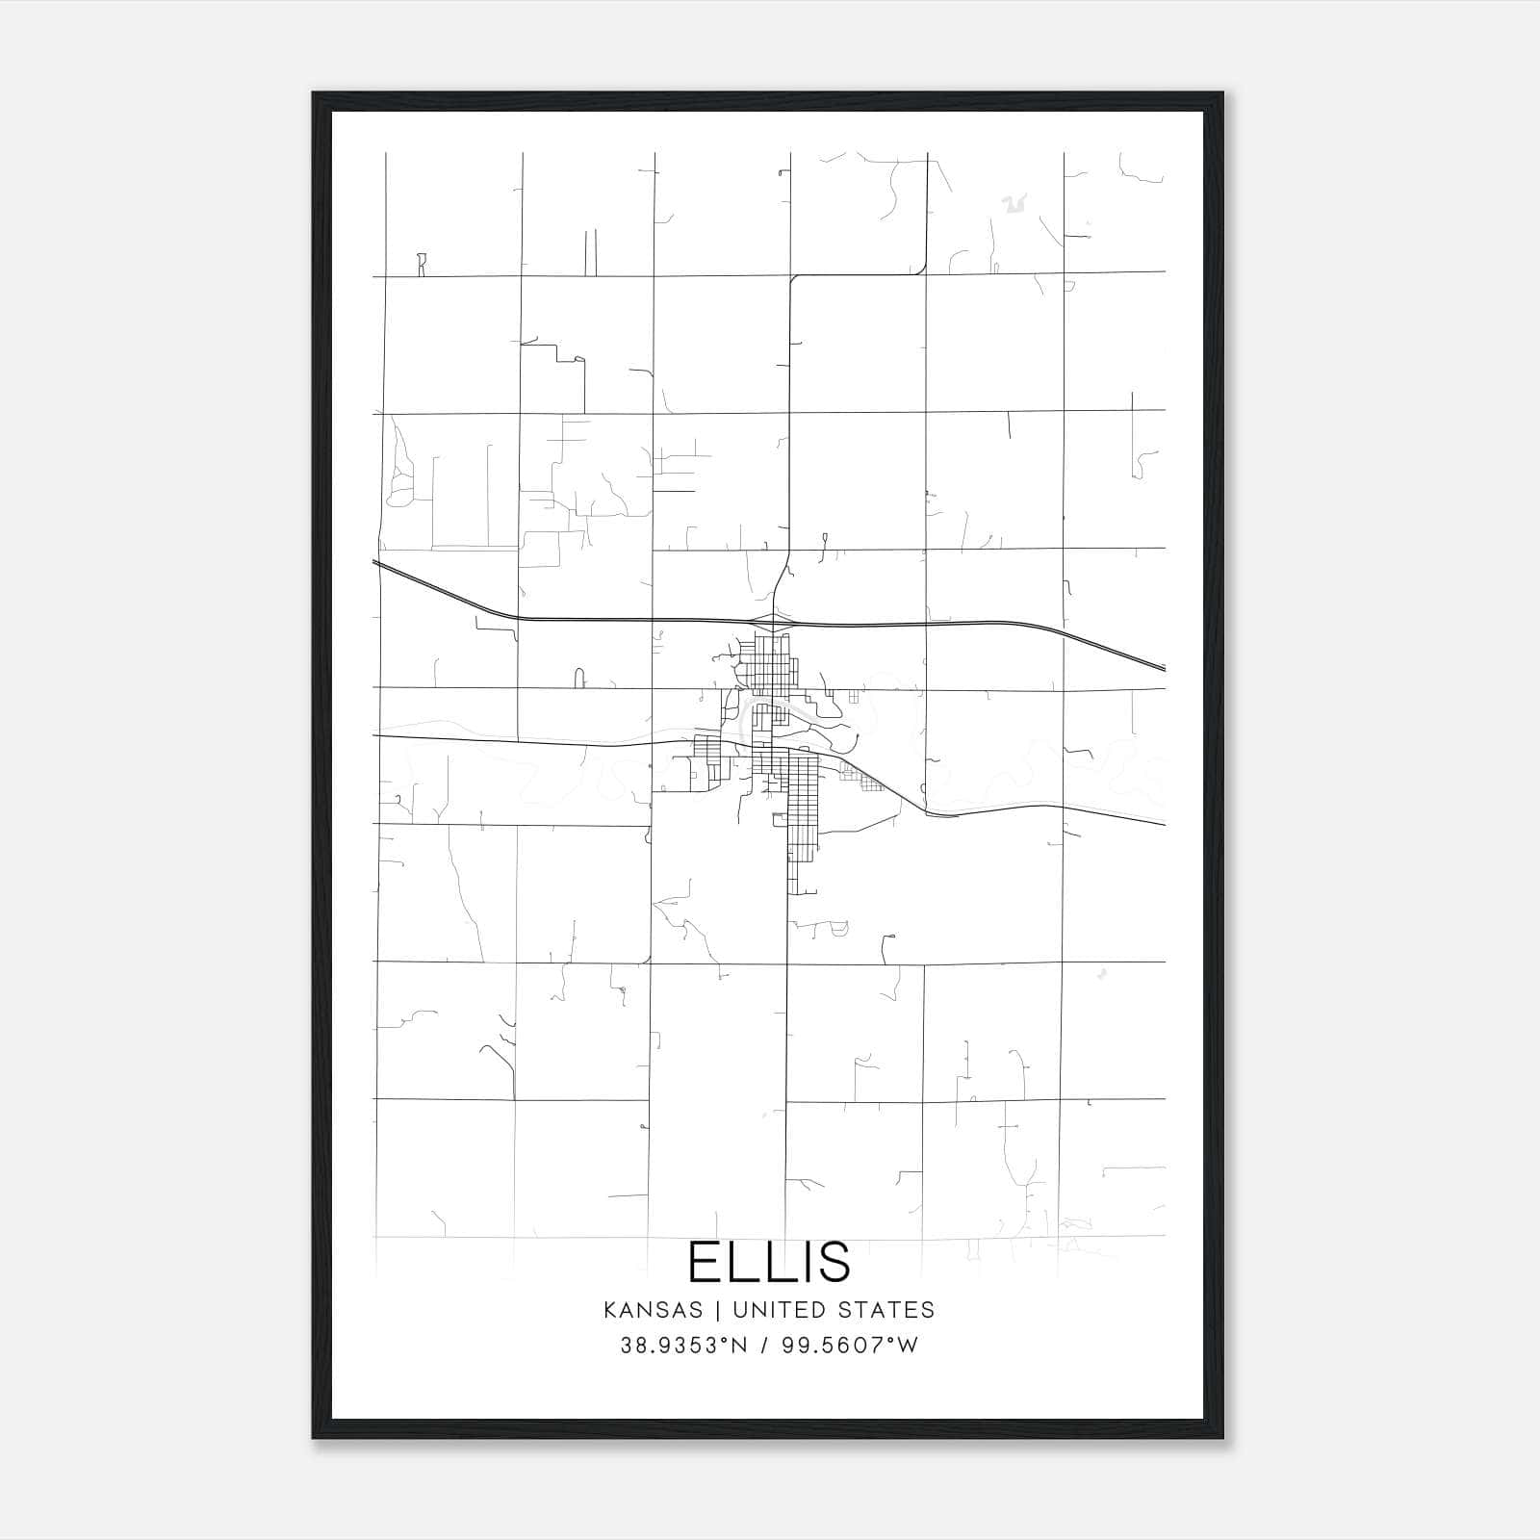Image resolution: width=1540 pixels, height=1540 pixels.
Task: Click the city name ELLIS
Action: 769,1262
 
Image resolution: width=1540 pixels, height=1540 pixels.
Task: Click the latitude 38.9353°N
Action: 684,1346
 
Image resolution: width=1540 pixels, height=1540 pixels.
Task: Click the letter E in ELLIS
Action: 705,1262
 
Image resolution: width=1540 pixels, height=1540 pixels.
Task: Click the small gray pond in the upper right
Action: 1011,203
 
